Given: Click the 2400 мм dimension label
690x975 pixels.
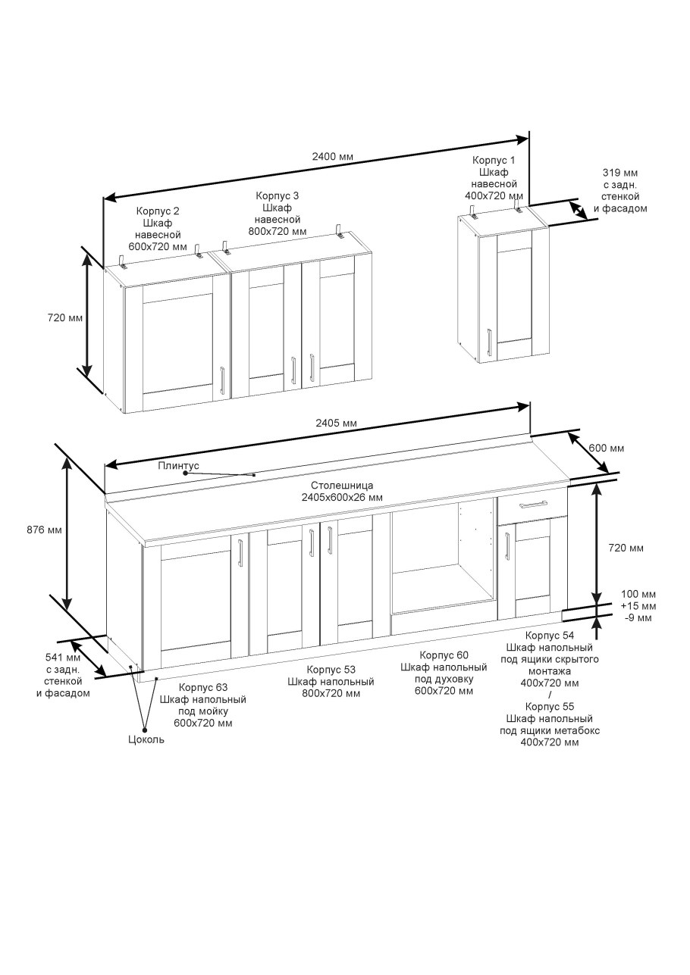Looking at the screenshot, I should (333, 157).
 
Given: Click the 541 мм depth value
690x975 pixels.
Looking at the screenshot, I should (63, 658).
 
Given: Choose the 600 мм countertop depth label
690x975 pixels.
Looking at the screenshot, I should (606, 448).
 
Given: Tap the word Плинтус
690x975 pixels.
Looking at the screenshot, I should (178, 465).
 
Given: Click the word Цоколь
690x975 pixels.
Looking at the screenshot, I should (146, 739).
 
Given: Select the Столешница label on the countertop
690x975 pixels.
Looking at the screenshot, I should (342, 485).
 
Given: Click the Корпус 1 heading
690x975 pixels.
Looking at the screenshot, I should (494, 161).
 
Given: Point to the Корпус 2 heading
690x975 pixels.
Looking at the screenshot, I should (158, 211).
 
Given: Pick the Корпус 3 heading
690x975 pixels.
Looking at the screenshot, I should (278, 195).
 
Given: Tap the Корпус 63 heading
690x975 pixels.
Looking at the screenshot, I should (203, 687).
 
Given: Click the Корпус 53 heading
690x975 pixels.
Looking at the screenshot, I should (331, 670).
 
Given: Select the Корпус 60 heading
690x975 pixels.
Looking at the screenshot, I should (444, 655).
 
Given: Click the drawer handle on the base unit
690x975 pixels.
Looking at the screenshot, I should (533, 505).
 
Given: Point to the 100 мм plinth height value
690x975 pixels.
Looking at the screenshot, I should (638, 594).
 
